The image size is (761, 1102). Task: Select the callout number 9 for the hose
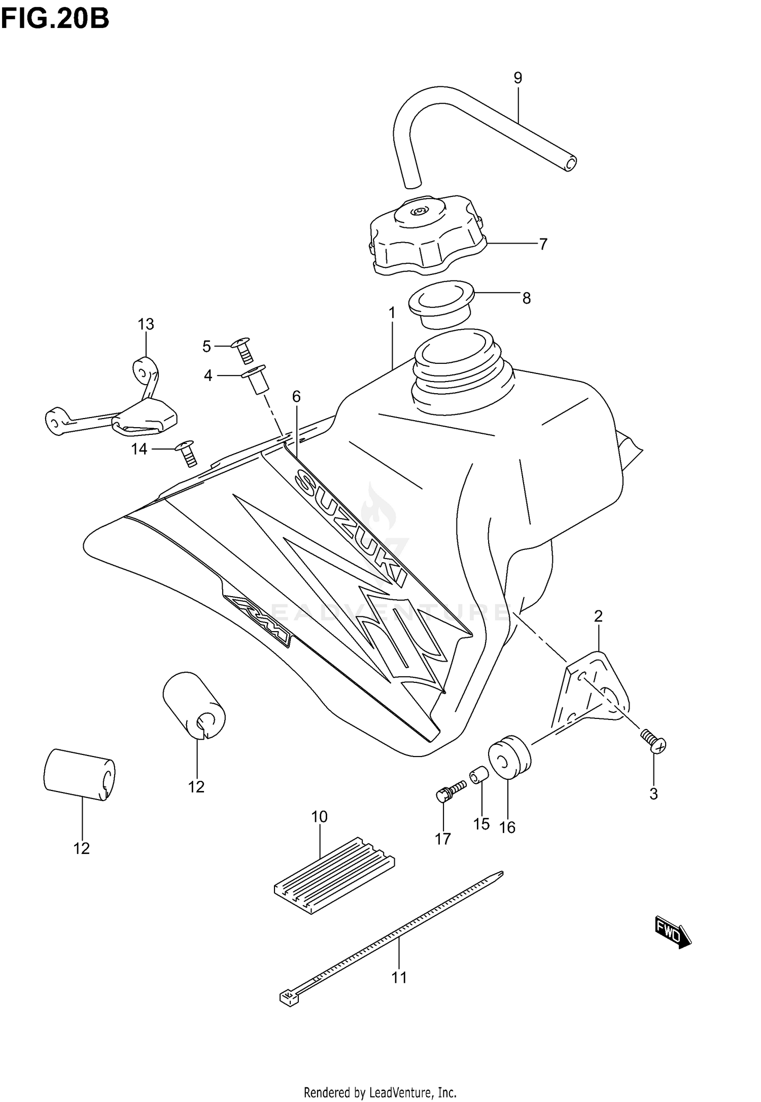click(x=517, y=78)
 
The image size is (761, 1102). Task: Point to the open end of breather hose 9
click(x=571, y=163)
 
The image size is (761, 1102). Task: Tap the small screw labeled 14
click(x=187, y=453)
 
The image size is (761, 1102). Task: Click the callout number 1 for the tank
click(x=392, y=313)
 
